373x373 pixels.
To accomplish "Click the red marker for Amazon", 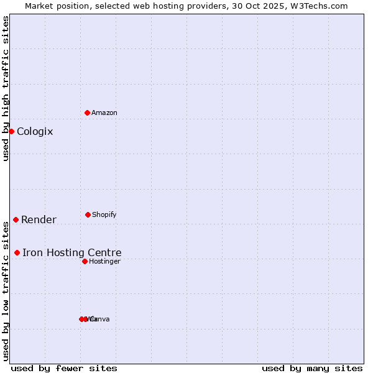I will pyautogui.click(x=88, y=113).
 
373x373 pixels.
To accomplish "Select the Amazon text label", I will pyautogui.click(x=104, y=113).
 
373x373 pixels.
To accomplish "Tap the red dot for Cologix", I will pyautogui.click(x=11, y=131).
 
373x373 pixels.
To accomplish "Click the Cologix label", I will pyautogui.click(x=35, y=131).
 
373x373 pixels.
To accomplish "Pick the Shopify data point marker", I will pyautogui.click(x=88, y=214).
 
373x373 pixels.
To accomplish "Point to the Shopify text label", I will pyautogui.click(x=104, y=214).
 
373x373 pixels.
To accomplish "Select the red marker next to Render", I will pyautogui.click(x=16, y=219).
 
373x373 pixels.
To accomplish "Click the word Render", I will pyautogui.click(x=39, y=219).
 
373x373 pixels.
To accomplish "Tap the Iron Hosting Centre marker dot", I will pyautogui.click(x=17, y=252).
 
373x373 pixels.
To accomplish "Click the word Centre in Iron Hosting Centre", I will pyautogui.click(x=105, y=252).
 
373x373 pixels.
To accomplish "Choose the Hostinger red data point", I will pyautogui.click(x=85, y=261).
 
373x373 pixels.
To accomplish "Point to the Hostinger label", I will pyautogui.click(x=104, y=261).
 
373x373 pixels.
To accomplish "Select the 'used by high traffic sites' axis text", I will pyautogui.click(x=6, y=88).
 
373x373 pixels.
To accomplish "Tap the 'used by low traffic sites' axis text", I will pyautogui.click(x=6, y=291).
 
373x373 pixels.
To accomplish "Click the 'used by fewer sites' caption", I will pyautogui.click(x=64, y=368).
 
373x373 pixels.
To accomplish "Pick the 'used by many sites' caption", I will pyautogui.click(x=312, y=368).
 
